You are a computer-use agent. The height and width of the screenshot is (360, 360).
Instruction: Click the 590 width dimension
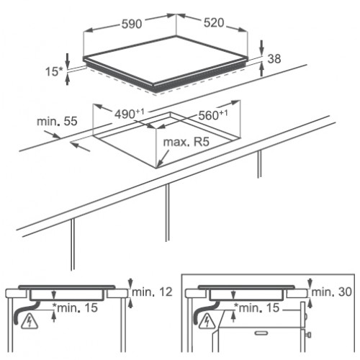point(132,24)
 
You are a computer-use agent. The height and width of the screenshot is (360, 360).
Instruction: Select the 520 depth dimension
point(214,23)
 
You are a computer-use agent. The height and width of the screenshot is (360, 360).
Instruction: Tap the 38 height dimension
point(274,59)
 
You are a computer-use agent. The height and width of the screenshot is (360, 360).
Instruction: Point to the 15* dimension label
point(54,71)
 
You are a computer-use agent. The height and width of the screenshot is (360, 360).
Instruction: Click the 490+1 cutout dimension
point(130,114)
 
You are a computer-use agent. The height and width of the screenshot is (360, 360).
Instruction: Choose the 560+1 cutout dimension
point(213,115)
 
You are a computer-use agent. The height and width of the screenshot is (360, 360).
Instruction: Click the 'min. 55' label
point(57,121)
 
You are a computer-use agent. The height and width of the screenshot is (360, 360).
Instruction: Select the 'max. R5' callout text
point(186,142)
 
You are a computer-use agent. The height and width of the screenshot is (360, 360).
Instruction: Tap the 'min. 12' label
point(152,292)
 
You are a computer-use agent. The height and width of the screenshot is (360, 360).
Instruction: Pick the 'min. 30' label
point(331,292)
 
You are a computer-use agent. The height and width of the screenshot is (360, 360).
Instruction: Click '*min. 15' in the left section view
point(75,307)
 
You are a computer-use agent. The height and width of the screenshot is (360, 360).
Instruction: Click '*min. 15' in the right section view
point(257,307)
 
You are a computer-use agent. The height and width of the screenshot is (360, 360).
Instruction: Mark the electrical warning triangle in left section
point(30,322)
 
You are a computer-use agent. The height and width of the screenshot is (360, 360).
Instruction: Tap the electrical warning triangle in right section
point(206,321)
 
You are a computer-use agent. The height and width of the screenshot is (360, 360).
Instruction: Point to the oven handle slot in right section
point(262,333)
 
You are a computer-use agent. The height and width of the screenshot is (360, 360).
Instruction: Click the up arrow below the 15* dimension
point(68,79)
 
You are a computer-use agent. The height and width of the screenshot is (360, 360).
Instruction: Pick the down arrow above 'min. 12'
point(130,283)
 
